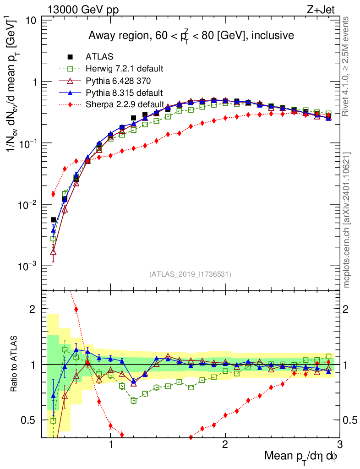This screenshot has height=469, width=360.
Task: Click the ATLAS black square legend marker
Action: [70, 57]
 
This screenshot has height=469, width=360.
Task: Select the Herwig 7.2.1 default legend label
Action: [125, 69]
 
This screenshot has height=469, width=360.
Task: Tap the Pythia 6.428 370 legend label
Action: [118, 81]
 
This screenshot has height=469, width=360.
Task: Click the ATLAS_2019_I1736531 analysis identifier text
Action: [190, 274]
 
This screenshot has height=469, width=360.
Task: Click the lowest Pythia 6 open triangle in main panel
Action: [54, 251]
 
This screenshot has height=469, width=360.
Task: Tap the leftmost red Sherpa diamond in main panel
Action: [54, 194]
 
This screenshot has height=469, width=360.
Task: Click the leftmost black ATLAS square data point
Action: [54, 220]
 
